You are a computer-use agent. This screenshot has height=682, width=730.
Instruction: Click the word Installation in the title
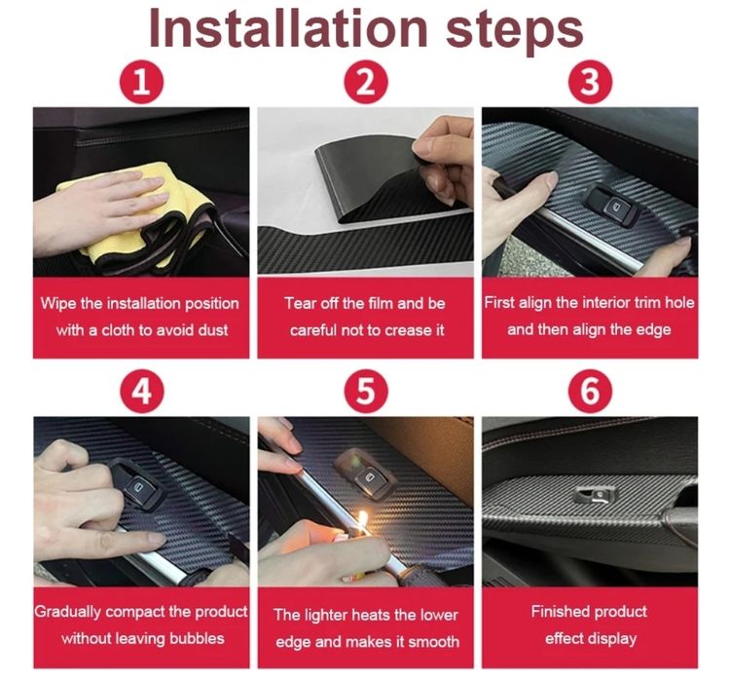pyautogui.click(x=288, y=29)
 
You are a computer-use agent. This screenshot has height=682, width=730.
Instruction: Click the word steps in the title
pyautogui.click(x=515, y=32)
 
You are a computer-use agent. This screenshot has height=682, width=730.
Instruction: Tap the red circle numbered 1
pyautogui.click(x=141, y=83)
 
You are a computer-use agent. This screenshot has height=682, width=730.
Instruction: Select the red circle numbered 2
pyautogui.click(x=365, y=83)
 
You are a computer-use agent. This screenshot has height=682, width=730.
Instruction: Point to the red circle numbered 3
pyautogui.click(x=590, y=83)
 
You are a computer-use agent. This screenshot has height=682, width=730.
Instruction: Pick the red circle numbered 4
pyautogui.click(x=141, y=392)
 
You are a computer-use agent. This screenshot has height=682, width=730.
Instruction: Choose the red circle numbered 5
pyautogui.click(x=365, y=392)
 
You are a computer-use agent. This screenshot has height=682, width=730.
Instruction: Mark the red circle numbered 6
pyautogui.click(x=590, y=392)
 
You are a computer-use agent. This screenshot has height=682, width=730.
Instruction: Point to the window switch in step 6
pyautogui.click(x=595, y=495)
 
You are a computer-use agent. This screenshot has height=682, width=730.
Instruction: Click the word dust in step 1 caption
pyautogui.click(x=213, y=330)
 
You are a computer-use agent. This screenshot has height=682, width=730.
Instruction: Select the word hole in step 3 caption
pyautogui.click(x=679, y=303)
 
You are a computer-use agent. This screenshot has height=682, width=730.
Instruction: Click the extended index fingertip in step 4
pyautogui.click(x=158, y=539)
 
